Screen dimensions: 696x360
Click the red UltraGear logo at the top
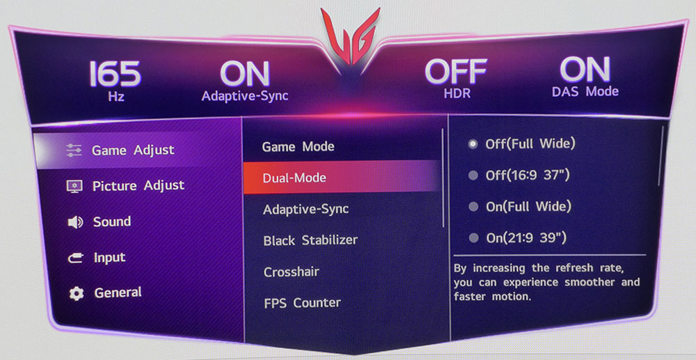click(351, 38)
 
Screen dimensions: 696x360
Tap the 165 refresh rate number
click(115, 73)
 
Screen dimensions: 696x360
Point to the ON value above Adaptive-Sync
click(244, 73)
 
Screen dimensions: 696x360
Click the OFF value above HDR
click(455, 72)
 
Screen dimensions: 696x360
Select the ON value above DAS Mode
click(585, 70)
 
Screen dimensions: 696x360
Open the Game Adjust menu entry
click(133, 150)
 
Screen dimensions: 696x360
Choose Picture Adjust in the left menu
click(138, 185)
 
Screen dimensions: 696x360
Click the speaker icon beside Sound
click(75, 222)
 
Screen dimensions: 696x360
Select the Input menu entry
click(109, 258)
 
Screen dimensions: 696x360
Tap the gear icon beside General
click(77, 293)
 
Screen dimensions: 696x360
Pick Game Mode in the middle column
click(298, 146)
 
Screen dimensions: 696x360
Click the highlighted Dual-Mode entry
click(294, 178)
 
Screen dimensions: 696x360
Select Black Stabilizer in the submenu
click(310, 240)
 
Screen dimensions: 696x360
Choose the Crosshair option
click(291, 272)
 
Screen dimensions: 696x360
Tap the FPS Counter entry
click(302, 303)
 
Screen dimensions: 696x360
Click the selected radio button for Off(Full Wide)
click(473, 144)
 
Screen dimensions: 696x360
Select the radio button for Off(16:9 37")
click(473, 175)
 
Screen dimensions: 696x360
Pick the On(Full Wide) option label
click(529, 206)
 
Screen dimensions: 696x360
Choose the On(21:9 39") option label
click(526, 238)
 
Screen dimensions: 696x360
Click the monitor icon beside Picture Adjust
click(74, 187)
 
